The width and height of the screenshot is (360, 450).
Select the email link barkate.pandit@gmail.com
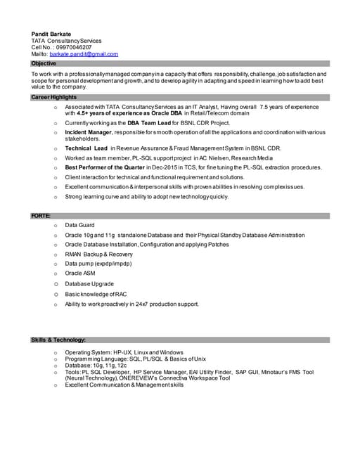click(84, 54)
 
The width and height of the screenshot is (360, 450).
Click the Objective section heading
click(44, 63)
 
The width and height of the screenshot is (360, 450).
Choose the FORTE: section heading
click(40, 214)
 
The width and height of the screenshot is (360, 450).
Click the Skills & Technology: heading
click(58, 340)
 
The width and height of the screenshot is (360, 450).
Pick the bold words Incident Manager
click(89, 131)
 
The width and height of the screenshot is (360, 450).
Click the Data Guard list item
click(79, 225)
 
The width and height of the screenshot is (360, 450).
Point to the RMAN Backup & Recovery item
click(98, 254)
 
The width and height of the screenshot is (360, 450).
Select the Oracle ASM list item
click(79, 274)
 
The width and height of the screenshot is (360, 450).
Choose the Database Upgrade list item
click(89, 283)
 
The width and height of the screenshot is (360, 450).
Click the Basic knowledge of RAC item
click(96, 294)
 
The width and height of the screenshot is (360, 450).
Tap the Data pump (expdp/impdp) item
click(98, 264)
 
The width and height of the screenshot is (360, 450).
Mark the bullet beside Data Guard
click(54, 225)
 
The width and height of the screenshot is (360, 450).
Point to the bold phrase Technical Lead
click(86, 149)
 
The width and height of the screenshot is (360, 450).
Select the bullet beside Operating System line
click(54, 352)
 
